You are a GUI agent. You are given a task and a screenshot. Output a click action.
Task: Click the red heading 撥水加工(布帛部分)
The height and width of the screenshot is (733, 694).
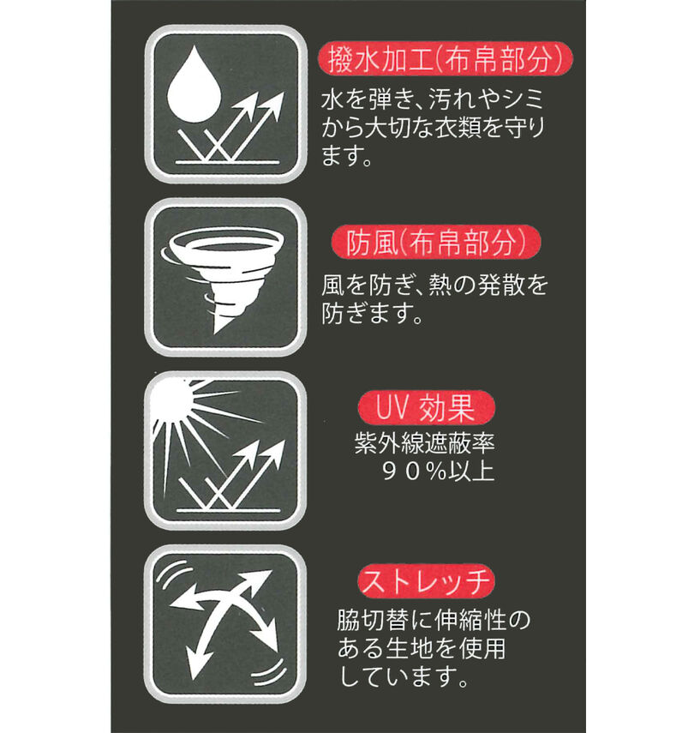[446, 59]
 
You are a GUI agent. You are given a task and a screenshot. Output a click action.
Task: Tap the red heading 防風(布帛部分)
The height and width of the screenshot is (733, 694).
[436, 242]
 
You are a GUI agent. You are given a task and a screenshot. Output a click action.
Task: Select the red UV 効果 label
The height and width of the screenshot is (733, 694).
[426, 407]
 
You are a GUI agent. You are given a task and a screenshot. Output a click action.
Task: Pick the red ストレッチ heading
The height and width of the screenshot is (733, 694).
[426, 581]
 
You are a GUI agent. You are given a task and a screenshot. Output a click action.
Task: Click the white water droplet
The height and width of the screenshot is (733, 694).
[193, 84]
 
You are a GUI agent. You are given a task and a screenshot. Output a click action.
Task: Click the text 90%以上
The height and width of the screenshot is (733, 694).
[438, 472]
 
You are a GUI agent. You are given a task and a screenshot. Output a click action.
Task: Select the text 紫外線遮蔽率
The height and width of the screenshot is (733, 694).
[424, 442]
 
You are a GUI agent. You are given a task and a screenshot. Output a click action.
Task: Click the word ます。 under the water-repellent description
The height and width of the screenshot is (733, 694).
[346, 156]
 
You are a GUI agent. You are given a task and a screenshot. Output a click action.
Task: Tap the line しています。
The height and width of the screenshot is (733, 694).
[403, 676]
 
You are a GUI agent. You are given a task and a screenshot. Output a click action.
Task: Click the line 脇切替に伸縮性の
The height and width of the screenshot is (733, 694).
[434, 620]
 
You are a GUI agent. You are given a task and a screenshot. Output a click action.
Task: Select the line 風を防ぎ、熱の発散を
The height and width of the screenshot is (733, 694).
[434, 285]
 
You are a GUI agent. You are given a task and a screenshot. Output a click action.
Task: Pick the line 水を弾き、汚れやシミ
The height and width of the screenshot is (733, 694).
[433, 99]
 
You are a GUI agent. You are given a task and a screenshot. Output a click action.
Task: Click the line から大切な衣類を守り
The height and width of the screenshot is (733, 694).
[434, 128]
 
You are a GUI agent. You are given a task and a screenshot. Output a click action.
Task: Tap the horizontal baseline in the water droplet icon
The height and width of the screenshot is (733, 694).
[227, 162]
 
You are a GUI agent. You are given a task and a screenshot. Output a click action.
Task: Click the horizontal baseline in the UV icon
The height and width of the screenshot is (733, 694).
[228, 510]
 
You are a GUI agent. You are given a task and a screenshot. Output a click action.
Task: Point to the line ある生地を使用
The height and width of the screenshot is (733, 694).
[422, 648]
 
